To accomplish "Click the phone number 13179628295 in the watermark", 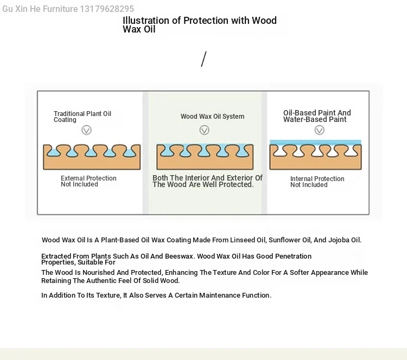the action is coord(107,9).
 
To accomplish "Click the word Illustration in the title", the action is coord(146,21).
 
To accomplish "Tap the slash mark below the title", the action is coord(203,59).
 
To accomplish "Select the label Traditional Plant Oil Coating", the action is coord(82,117).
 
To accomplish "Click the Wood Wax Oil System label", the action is coord(212,117).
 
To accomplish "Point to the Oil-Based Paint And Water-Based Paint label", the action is coord(317,116).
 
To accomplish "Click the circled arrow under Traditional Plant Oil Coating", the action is coord(86,130).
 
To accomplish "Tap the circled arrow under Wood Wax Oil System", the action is coord(204,130).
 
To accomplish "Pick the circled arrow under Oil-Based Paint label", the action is coord(320,130).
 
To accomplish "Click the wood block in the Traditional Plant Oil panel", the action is coord(92,157).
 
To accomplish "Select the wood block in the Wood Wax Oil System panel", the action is coord(205,157).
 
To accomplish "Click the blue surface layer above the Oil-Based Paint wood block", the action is coord(315,142).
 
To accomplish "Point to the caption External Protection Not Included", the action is coord(88,181).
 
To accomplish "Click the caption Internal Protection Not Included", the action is coord(317,182).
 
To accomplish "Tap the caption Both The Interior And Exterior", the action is coord(207,181).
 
